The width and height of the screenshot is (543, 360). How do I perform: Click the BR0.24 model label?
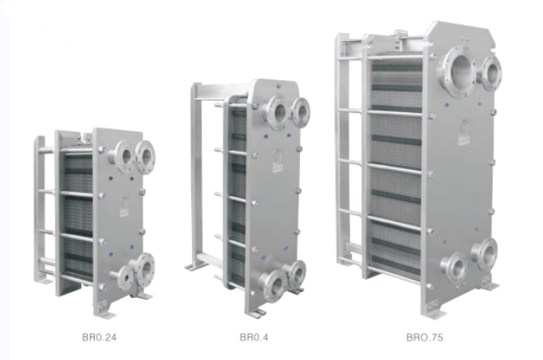tap(100, 337)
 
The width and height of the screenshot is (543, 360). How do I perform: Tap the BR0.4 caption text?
tap(254, 337)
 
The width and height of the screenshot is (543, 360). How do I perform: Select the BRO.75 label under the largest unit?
tap(425, 337)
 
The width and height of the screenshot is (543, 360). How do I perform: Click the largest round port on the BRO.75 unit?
tap(458, 72)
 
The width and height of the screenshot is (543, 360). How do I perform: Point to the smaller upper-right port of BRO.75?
tap(491, 74)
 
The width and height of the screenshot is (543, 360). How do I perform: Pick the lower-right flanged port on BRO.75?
tap(485, 255)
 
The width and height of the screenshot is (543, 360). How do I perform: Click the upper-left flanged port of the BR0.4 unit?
tap(276, 111)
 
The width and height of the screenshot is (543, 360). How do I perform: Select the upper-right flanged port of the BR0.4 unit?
tap(301, 112)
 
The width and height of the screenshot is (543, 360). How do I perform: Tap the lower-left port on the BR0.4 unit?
tap(272, 285)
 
